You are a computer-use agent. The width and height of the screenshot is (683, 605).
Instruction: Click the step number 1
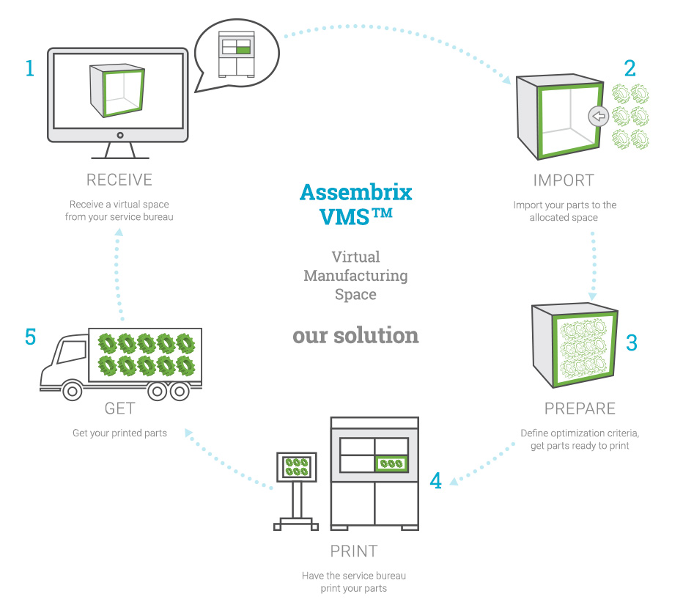(29, 68)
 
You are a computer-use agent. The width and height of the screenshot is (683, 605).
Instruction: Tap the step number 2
(630, 68)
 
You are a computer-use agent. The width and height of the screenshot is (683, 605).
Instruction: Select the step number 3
(632, 342)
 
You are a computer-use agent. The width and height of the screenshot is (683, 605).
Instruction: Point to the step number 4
(436, 481)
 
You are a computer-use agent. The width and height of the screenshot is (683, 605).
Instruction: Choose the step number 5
(30, 337)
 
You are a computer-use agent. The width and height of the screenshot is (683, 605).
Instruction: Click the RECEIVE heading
(119, 180)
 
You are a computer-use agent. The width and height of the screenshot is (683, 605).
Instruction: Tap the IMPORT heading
(564, 180)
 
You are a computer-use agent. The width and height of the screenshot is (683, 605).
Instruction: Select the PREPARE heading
(580, 408)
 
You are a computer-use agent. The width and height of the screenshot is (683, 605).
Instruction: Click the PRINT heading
(354, 551)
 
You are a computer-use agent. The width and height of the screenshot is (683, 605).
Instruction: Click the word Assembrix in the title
(355, 192)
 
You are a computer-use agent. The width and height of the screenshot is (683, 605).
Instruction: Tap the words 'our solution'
(355, 335)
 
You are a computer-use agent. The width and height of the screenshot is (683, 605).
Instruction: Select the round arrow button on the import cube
(599, 116)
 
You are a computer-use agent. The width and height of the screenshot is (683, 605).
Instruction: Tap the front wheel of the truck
(71, 392)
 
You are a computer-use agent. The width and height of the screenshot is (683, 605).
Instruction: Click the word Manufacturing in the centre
(355, 276)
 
